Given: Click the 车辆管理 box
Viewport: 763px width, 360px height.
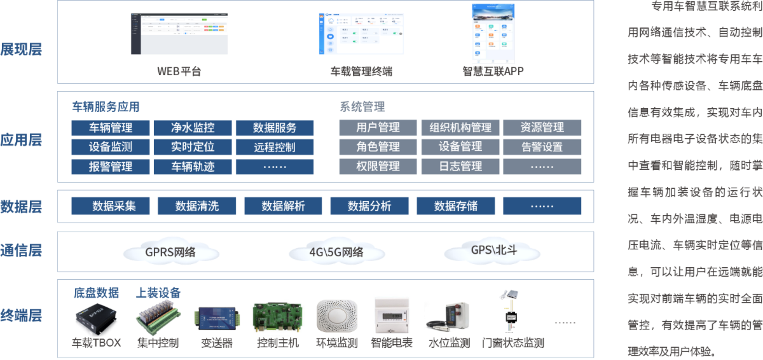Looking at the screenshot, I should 111,127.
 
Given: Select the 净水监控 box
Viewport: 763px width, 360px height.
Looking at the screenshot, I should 193,127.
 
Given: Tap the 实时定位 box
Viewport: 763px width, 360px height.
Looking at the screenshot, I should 193,147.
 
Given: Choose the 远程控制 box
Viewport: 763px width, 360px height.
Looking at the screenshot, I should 275,148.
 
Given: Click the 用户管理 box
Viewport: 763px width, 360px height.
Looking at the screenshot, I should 378,127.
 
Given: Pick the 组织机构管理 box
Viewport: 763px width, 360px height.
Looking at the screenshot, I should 460,127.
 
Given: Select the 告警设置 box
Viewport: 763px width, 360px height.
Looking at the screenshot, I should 542,147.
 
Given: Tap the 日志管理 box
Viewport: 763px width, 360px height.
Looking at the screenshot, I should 460,167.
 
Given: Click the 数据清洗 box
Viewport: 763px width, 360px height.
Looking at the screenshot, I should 197,206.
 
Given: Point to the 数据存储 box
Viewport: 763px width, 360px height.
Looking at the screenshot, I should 456,206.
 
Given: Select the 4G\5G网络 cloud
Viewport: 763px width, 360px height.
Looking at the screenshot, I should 336,252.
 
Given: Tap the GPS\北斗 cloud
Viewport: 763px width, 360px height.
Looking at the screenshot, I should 493,250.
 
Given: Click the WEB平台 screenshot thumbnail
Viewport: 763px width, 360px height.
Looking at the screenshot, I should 179,34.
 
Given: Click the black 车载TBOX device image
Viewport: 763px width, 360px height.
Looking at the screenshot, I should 97,318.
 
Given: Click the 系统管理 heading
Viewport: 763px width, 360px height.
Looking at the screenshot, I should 362,106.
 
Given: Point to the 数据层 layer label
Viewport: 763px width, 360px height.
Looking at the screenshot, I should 22,206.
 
